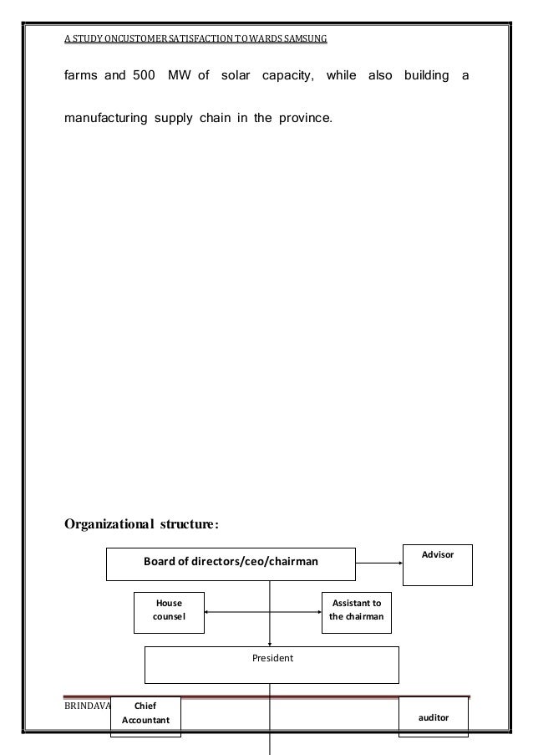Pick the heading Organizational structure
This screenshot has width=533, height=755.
pyautogui.click(x=142, y=525)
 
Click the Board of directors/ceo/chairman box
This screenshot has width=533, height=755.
pyautogui.click(x=231, y=563)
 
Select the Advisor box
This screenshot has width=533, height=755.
pyautogui.click(x=437, y=564)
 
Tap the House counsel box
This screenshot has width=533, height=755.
pyautogui.click(x=170, y=610)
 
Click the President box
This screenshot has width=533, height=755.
pyautogui.click(x=272, y=665)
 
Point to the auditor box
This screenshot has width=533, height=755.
pyautogui.click(x=434, y=717)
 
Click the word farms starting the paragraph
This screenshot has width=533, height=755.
pyautogui.click(x=82, y=78)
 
